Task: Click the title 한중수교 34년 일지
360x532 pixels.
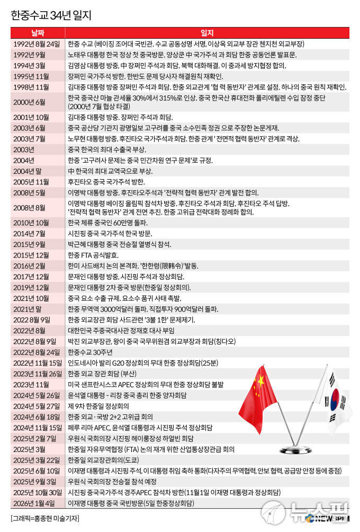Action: click(x=51, y=15)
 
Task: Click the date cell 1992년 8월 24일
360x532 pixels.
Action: click(x=37, y=44)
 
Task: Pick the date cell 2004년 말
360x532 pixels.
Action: click(x=30, y=171)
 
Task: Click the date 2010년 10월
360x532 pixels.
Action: click(x=32, y=222)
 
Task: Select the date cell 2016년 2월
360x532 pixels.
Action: click(x=30, y=265)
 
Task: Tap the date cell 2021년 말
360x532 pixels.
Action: click(x=30, y=309)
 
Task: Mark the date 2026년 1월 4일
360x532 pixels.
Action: click(x=35, y=502)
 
